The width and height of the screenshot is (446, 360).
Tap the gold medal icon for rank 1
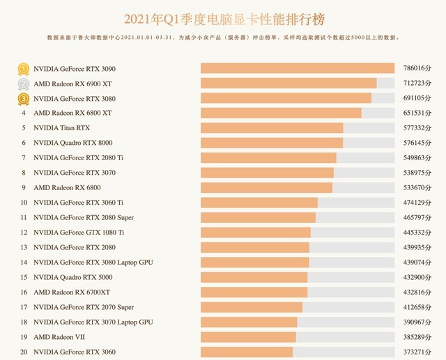pyautogui.click(x=24, y=69)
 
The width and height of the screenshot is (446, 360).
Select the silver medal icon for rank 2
pyautogui.click(x=24, y=84)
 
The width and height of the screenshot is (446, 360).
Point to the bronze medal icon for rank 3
pyautogui.click(x=24, y=99)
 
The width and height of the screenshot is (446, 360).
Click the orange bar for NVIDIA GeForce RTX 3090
pyautogui.click(x=298, y=68)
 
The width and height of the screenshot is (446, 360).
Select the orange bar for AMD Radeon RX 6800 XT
pyautogui.click(x=281, y=113)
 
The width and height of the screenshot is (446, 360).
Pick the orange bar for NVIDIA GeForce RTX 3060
pyautogui.click(x=247, y=352)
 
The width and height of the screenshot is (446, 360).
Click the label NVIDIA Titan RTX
pyautogui.click(x=62, y=128)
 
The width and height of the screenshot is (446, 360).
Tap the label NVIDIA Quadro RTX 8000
pyautogui.click(x=72, y=143)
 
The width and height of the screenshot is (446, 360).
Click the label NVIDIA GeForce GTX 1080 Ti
pyautogui.click(x=79, y=233)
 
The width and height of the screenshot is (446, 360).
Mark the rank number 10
pyautogui.click(x=24, y=203)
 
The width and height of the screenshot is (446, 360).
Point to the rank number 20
pyautogui.click(x=24, y=352)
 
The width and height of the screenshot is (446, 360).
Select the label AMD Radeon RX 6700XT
pyautogui.click(x=72, y=292)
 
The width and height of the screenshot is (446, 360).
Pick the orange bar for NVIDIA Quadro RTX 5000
pyautogui.click(x=254, y=277)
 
